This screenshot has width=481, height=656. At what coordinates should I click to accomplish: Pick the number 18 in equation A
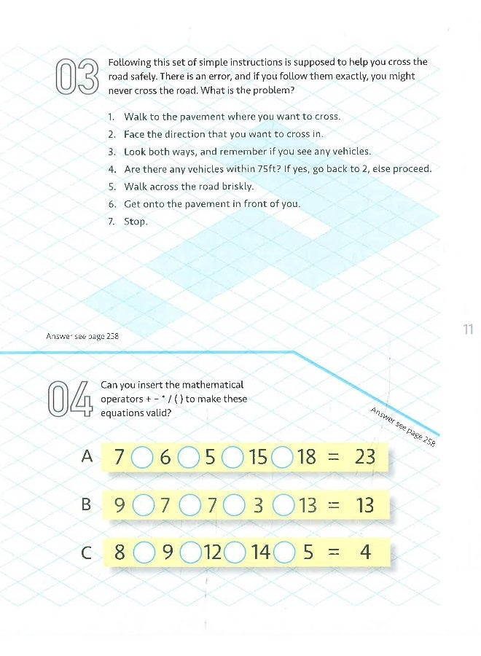coord(307,457)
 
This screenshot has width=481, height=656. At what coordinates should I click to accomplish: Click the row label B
coord(87,504)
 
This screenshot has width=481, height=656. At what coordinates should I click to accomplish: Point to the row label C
coord(87,552)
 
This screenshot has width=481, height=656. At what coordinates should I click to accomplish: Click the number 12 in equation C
coord(212,552)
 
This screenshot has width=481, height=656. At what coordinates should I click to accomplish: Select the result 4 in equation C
coord(365,552)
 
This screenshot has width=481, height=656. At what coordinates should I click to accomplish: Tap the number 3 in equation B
coord(257,504)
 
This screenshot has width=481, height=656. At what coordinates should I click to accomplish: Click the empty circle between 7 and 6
coord(143,458)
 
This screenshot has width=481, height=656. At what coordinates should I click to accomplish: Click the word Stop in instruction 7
coord(136,222)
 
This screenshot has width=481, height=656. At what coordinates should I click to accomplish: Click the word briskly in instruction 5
coord(234,187)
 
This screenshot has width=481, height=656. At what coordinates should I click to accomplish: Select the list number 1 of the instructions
coord(111,117)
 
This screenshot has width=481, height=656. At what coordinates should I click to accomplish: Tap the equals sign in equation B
coord(334,504)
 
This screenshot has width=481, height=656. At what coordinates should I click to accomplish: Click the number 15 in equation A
coord(258,457)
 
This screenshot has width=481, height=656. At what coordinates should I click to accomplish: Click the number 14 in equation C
coord(260,552)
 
